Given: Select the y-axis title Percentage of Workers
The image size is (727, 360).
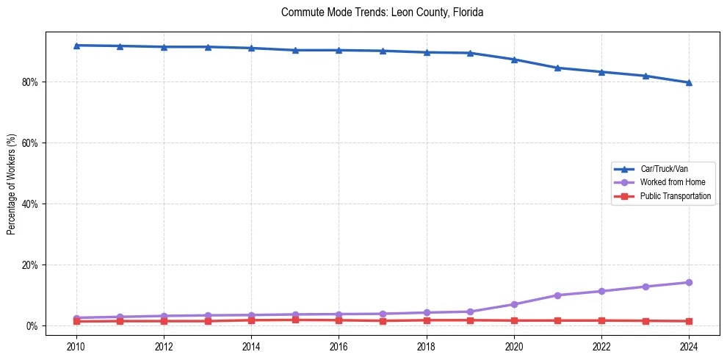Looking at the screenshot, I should (x=11, y=184).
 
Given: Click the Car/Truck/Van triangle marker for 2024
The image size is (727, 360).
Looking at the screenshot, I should (x=689, y=82).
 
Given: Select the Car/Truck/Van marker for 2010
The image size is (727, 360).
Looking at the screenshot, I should (x=76, y=46).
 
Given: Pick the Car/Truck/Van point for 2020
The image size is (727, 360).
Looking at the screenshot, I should (x=514, y=60).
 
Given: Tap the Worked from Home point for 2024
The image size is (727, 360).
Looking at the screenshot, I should (x=689, y=282).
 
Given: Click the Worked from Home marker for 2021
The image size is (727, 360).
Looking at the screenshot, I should (x=557, y=295).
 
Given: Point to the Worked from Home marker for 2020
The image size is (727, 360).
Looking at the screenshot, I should (x=514, y=304).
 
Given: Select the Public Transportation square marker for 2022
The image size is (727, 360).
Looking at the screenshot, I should (x=601, y=320).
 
